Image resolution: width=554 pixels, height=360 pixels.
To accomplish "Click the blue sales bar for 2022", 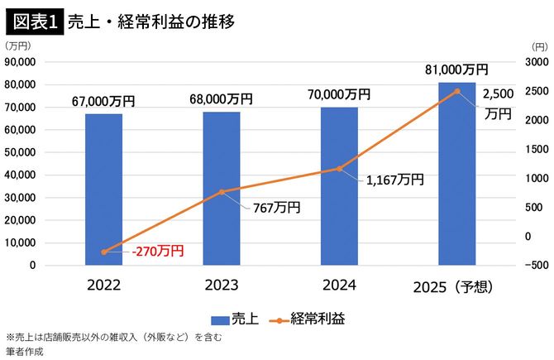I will (103, 190).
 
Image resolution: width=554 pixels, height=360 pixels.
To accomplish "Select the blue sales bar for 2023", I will (222, 188).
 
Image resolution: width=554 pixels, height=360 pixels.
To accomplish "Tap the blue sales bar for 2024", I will (339, 186).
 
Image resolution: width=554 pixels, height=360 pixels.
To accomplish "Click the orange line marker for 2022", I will (103, 252).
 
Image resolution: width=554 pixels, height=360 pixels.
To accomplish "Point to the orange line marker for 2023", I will (222, 192).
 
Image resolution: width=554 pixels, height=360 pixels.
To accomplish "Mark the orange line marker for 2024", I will (339, 169).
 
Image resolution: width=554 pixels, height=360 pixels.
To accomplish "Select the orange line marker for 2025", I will (457, 91).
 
